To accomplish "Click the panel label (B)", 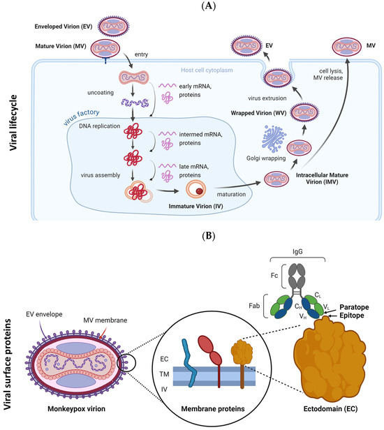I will pyautogui.click(x=192, y=237).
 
